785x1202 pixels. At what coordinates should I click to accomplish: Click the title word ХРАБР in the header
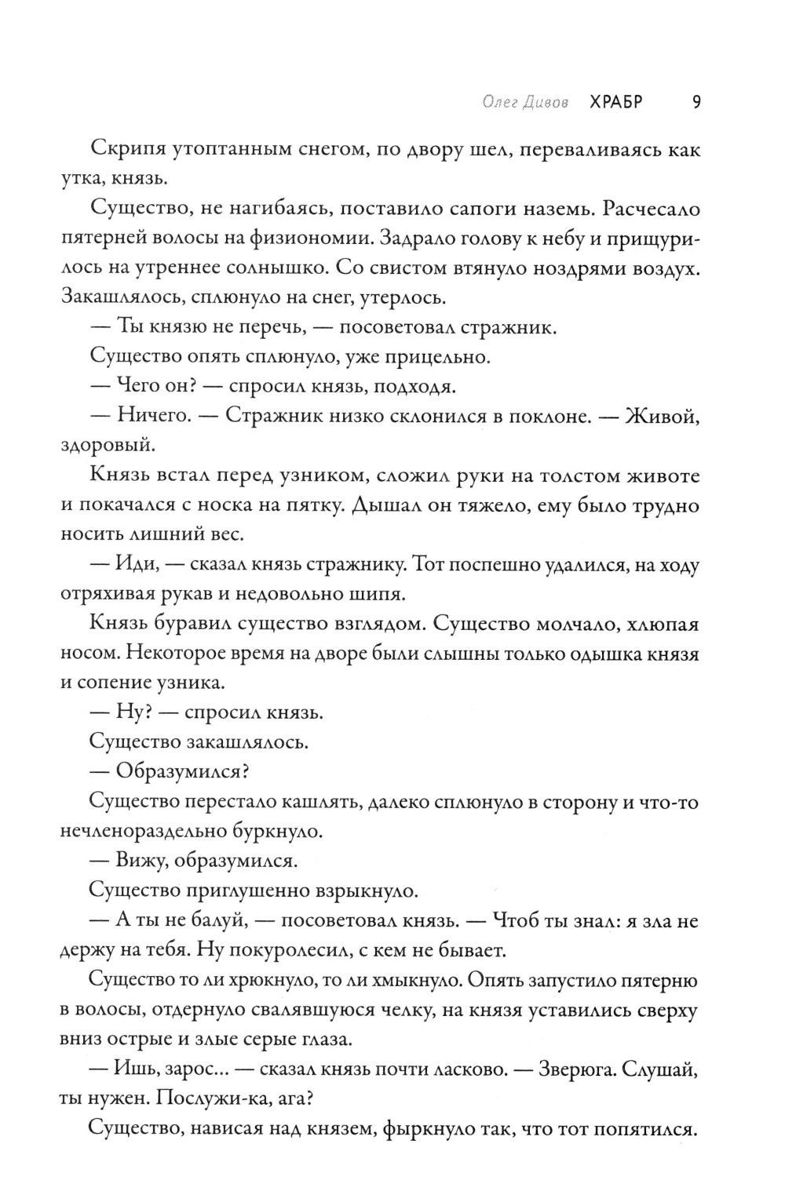point(615,103)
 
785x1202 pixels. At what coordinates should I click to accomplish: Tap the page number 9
point(696,103)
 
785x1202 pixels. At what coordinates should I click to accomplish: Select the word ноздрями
point(579,268)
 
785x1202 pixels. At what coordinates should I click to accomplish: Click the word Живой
point(660,416)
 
